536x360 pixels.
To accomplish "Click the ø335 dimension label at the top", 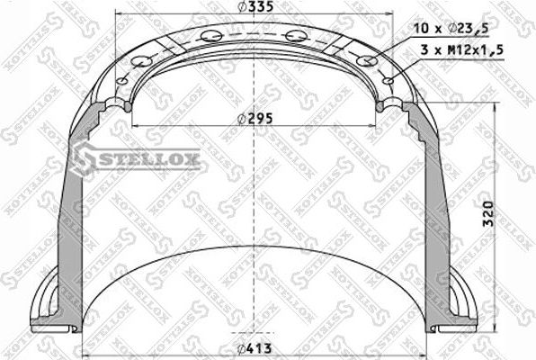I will [x=250, y=8].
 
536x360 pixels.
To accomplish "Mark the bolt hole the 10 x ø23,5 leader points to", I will [x=365, y=60].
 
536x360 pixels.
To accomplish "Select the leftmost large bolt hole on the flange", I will [x=138, y=61].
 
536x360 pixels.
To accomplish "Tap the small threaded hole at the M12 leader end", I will [x=387, y=80].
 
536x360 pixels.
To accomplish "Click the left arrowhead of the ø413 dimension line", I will [x=84, y=350].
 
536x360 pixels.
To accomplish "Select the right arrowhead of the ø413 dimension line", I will [x=424, y=350].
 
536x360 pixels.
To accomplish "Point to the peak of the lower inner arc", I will [x=254, y=246].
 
